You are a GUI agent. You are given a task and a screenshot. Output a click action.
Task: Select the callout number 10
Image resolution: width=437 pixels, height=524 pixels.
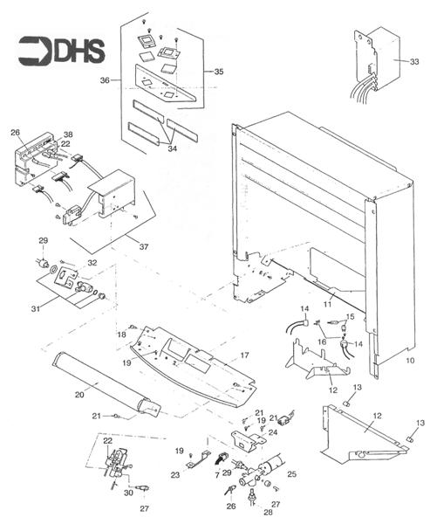pyautogui.click(x=411, y=359)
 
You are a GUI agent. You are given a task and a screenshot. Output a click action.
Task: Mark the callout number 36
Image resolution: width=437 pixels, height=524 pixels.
pyautogui.click(x=104, y=80)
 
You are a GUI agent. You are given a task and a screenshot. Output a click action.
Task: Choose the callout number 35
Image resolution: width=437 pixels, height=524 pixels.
pyautogui.click(x=218, y=71)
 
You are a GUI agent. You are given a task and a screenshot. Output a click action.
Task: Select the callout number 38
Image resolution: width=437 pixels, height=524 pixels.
pyautogui.click(x=68, y=134)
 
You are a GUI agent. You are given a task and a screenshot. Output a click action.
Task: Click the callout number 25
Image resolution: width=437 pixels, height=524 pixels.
pyautogui.click(x=291, y=472)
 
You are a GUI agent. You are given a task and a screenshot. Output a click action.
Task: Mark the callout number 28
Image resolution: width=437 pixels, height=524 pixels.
pyautogui.click(x=255, y=514)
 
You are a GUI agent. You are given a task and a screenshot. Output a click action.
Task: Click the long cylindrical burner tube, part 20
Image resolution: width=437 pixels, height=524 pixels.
pyautogui.click(x=105, y=383)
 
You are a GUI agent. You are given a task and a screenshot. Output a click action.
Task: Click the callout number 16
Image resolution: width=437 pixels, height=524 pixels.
pyautogui.click(x=322, y=341)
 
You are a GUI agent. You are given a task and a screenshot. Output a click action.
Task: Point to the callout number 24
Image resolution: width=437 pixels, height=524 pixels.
pyautogui.click(x=273, y=431)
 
